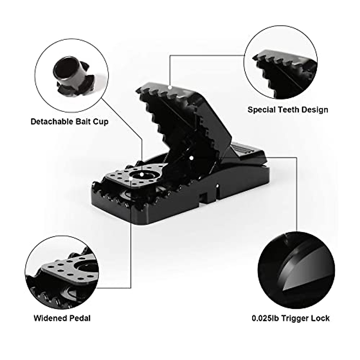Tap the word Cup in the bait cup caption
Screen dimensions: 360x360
click(101, 121)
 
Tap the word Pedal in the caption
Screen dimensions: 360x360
click(80, 318)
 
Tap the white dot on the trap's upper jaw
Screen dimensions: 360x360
click(170, 88)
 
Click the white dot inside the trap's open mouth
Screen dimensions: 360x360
click(191, 157)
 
